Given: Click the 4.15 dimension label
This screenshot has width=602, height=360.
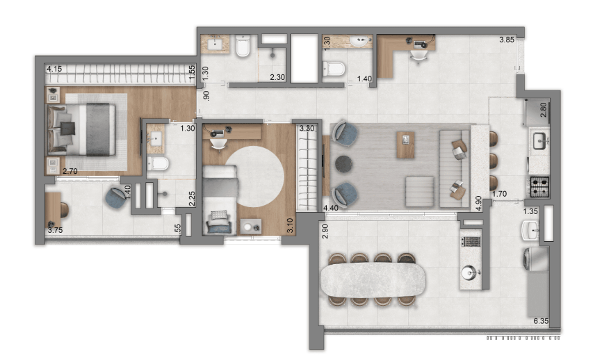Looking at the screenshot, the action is tap(54, 69).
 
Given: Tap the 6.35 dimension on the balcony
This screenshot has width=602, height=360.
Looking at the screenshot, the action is tap(541, 321).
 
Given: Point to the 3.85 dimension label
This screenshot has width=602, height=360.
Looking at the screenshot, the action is tap(507, 39).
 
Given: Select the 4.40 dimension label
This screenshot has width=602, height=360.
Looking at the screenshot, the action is tap(331, 208).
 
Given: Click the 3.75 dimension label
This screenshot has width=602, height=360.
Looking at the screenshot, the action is tap(56, 230).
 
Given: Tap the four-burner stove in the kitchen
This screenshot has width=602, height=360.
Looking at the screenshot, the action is tap(539, 186).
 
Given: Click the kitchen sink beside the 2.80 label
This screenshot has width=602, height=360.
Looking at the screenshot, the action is tap(540, 140).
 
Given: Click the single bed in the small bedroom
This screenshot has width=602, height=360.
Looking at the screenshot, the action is tap(220, 199).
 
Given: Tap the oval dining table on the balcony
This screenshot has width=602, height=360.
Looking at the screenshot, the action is tap(373, 280).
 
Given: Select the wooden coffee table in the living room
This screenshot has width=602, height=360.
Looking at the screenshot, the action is tap(405, 145).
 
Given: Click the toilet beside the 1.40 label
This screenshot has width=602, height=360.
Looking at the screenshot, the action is tap(333, 69).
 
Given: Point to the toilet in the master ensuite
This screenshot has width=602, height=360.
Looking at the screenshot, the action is tap(157, 164).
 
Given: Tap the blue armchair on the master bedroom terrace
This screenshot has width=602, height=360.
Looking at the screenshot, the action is tap(117, 197).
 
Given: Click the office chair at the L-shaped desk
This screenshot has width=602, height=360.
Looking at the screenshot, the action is tap(418, 56).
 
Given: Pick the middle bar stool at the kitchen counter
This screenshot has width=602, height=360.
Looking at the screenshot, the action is tap(494, 161).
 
